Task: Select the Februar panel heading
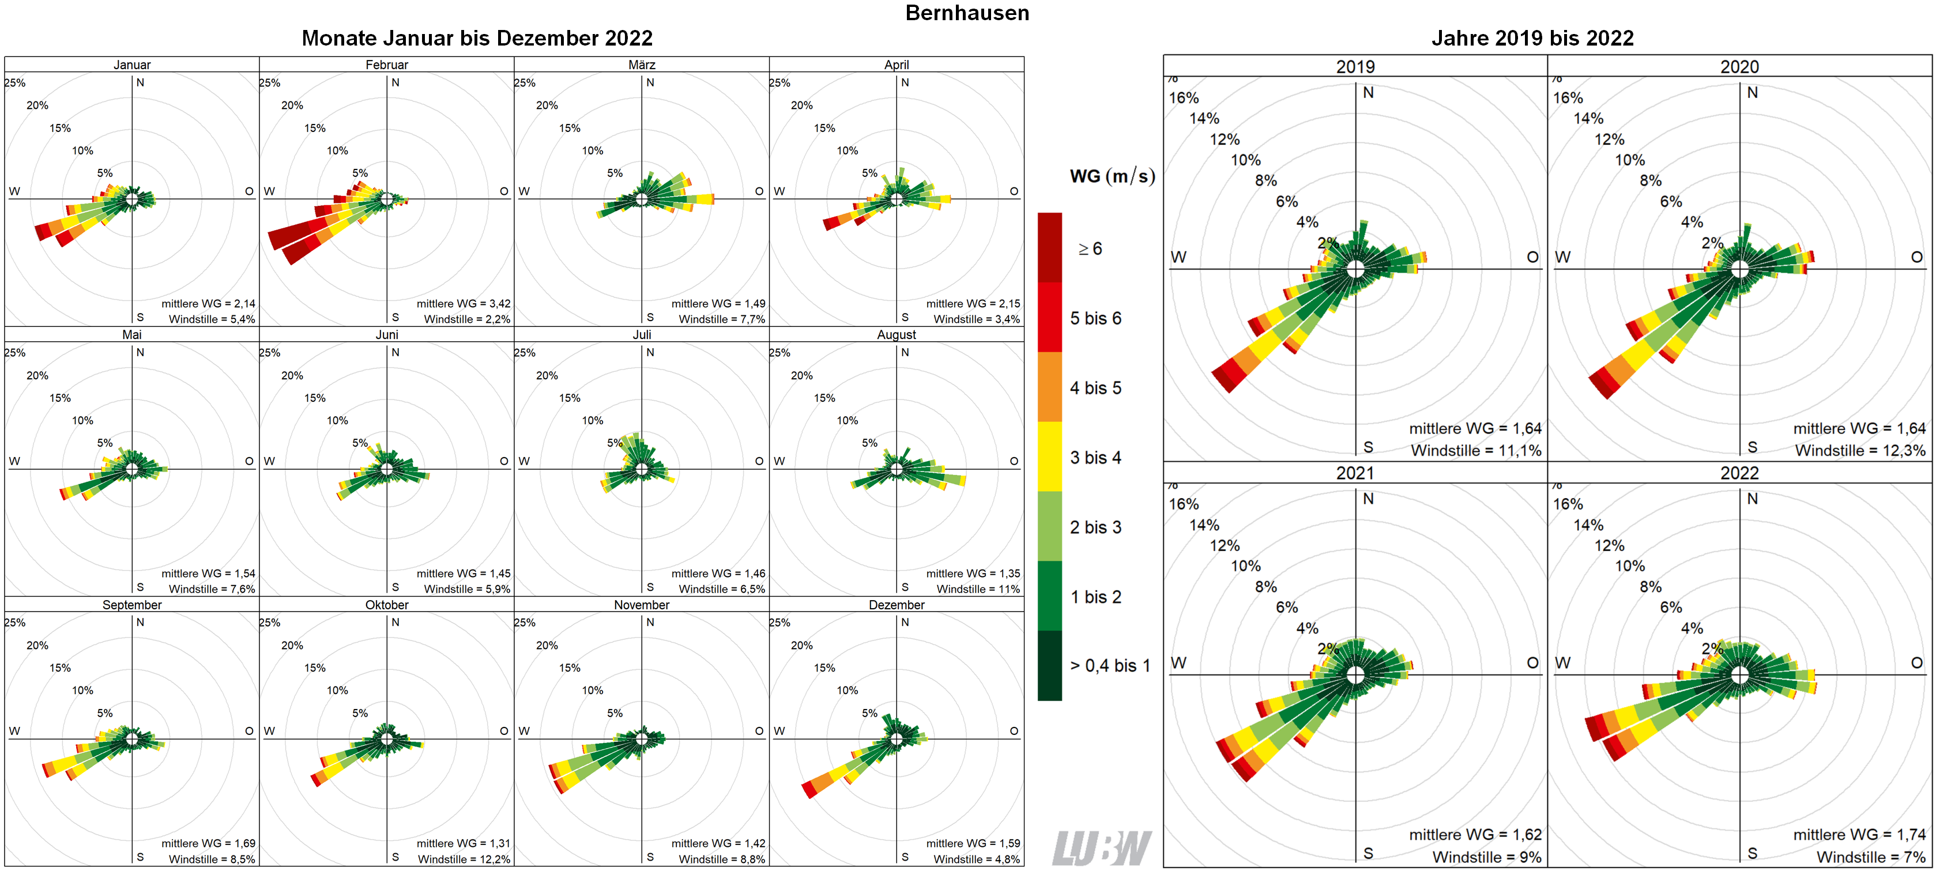(x=386, y=65)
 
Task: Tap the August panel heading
(x=896, y=334)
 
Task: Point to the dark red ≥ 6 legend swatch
(x=1049, y=247)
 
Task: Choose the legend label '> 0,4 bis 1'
(x=1109, y=666)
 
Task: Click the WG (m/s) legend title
(x=1112, y=176)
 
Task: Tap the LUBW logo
(x=1101, y=848)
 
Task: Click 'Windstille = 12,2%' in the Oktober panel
(x=464, y=859)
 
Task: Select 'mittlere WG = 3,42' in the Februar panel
(x=463, y=304)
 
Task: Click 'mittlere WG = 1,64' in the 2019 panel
(x=1475, y=428)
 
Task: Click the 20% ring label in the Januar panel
(x=37, y=105)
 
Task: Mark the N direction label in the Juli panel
(x=650, y=352)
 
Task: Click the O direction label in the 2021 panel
(x=1532, y=663)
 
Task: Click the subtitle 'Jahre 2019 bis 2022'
(x=1532, y=38)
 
